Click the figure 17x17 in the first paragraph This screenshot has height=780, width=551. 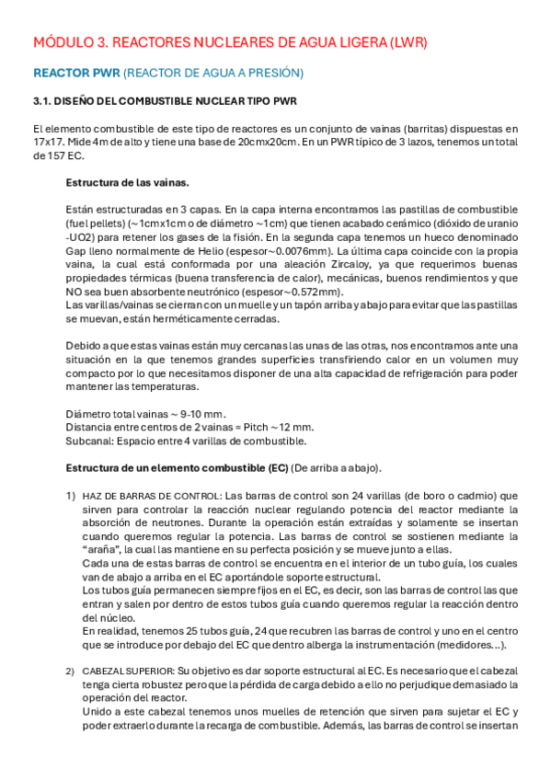[x=48, y=143]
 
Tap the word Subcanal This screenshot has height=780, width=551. [x=89, y=441]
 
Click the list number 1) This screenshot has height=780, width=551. [x=70, y=495]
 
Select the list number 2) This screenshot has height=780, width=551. [x=70, y=671]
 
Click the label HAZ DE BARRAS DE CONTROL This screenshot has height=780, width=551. [x=151, y=496]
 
